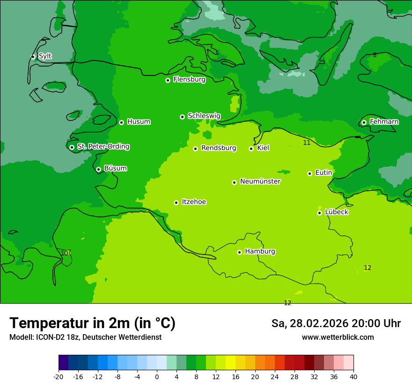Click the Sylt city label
(x=45, y=56)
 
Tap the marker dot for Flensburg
(x=168, y=80)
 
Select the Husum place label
(x=139, y=122)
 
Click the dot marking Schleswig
(x=182, y=117)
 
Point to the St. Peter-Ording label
(x=103, y=147)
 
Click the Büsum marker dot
(x=98, y=169)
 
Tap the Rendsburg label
(x=219, y=148)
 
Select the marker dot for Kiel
(x=251, y=149)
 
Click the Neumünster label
(x=260, y=181)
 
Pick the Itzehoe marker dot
(x=176, y=202)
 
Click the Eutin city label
(x=324, y=173)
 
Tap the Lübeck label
(x=336, y=212)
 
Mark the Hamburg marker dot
(x=239, y=252)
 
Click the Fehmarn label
(x=384, y=122)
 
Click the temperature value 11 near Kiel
(x=307, y=142)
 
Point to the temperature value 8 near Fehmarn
(x=375, y=55)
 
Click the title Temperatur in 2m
(x=92, y=323)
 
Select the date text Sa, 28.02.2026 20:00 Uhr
(x=336, y=323)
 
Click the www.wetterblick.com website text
(x=338, y=337)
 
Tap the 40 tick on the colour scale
(x=353, y=376)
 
